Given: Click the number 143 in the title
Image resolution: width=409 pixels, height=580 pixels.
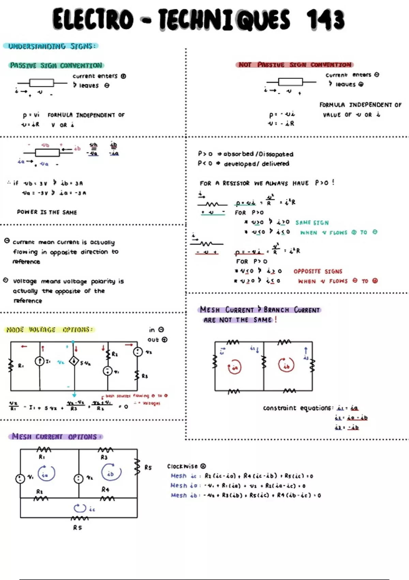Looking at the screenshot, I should click(325, 19).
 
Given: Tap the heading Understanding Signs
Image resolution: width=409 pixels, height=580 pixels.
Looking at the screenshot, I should click(51, 46).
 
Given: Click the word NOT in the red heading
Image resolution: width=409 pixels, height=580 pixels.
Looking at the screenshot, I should click(245, 65).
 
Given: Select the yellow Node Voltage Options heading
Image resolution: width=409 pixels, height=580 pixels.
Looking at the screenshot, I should click(49, 330).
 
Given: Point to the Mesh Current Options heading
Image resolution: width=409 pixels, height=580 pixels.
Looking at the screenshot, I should click(55, 437).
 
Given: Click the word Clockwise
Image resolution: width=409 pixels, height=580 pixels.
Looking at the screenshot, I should click(182, 466).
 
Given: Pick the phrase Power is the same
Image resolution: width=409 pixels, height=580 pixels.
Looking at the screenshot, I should click(47, 212).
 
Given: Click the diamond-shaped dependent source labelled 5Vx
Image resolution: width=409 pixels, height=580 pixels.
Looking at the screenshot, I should click(74, 361).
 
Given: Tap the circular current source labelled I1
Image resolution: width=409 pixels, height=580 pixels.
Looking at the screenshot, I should click(40, 361).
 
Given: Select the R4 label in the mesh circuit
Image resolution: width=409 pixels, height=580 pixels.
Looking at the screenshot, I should click(105, 490).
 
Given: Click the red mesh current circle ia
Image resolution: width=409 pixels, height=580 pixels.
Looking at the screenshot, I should click(234, 367).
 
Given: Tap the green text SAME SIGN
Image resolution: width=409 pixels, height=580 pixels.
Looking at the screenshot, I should click(312, 223).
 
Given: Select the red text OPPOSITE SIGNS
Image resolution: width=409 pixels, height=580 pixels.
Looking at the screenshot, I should click(318, 272).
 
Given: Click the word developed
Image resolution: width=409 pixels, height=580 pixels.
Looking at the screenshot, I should click(240, 164).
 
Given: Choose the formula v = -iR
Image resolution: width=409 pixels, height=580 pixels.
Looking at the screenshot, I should click(281, 124).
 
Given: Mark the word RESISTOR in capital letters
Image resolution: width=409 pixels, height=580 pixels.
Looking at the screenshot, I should click(236, 183).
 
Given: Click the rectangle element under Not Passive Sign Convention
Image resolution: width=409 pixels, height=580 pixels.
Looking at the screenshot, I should click(290, 82).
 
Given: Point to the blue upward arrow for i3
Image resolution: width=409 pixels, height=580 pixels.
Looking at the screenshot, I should click(306, 351).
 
